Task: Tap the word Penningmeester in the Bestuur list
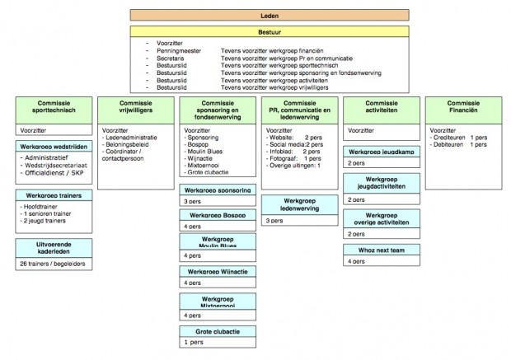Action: (x=179, y=51)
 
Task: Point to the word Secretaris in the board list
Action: (x=171, y=58)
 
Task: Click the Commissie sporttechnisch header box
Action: (x=52, y=107)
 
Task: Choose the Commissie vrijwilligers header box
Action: (x=134, y=107)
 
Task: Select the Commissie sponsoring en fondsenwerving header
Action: (x=216, y=109)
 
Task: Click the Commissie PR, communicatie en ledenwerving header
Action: (x=299, y=109)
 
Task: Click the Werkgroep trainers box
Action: (x=52, y=195)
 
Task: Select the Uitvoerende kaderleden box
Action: (x=52, y=248)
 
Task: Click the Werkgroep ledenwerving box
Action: (x=299, y=204)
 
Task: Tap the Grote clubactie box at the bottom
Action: (x=216, y=331)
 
